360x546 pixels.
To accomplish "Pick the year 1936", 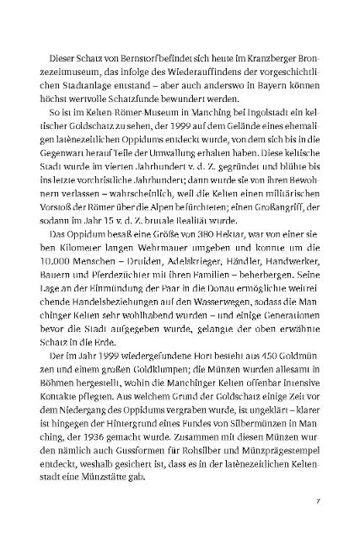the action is [101, 431].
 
